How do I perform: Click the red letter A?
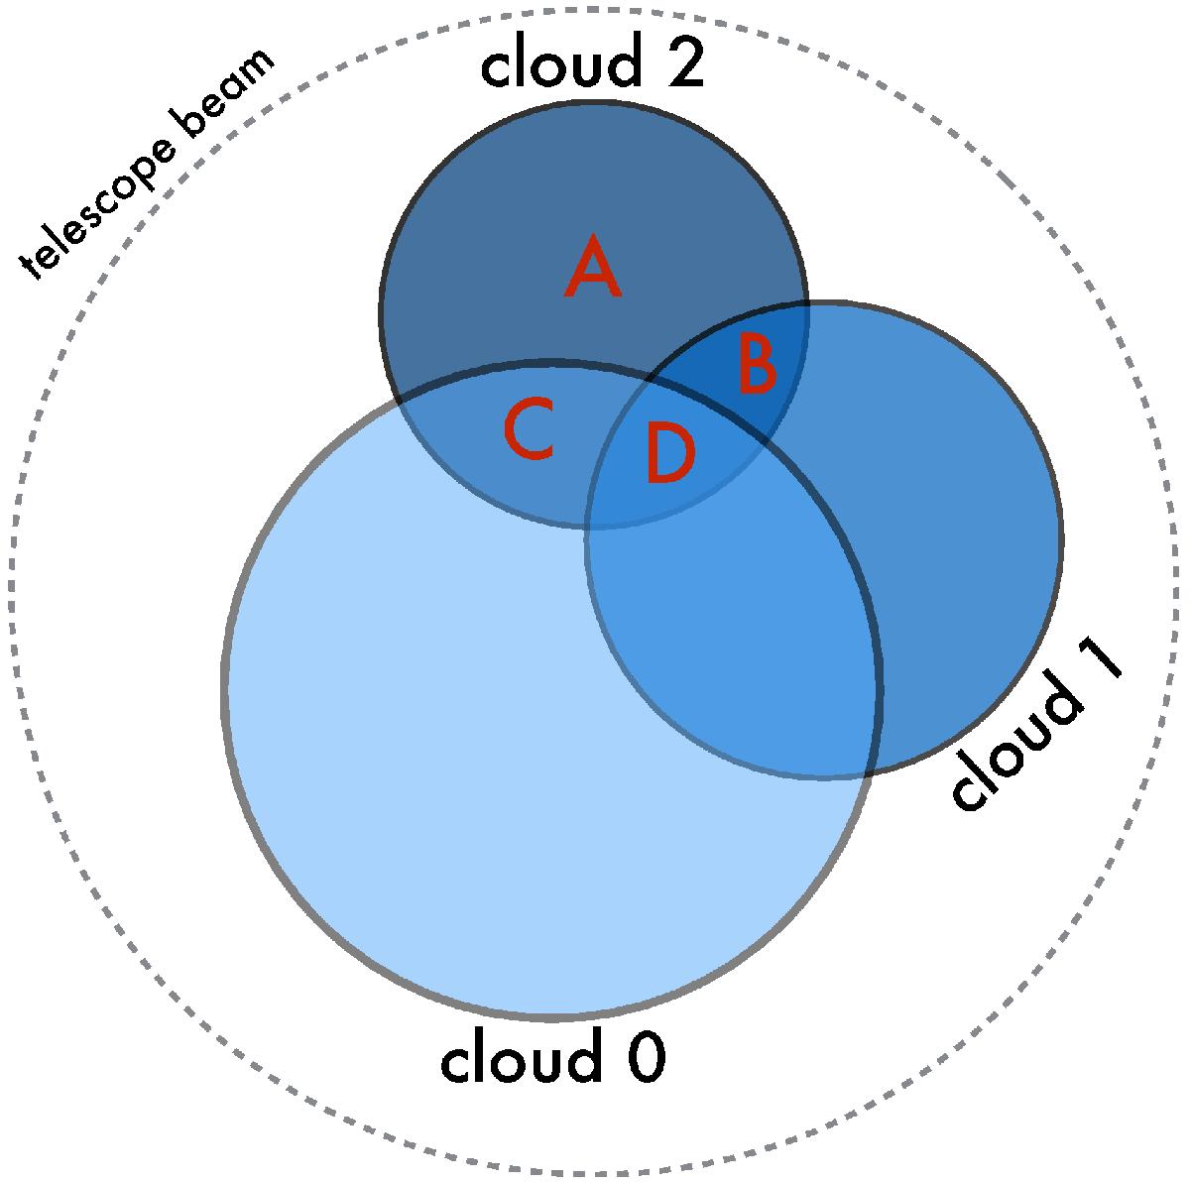pyautogui.click(x=592, y=266)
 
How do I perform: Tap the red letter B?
pyautogui.click(x=758, y=363)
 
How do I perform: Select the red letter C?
pyautogui.click(x=529, y=428)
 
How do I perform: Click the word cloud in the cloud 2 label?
pyautogui.click(x=560, y=59)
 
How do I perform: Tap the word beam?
pyautogui.click(x=227, y=88)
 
